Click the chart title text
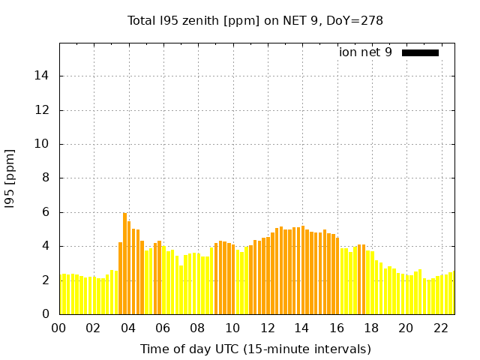[x=255, y=20]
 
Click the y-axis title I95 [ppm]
[x=10, y=178]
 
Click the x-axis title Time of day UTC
[x=255, y=349]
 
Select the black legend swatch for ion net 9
[x=420, y=52]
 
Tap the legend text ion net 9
[x=365, y=52]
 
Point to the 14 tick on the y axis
[x=44, y=76]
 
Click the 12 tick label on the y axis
[x=44, y=110]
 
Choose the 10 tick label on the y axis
[x=44, y=144]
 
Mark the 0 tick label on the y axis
[x=47, y=314]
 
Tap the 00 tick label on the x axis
[x=59, y=328]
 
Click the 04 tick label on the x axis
[x=128, y=328]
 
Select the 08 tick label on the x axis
[x=198, y=328]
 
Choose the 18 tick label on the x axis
[x=371, y=328]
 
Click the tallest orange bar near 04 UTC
[x=124, y=262]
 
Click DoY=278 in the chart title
[x=354, y=20]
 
